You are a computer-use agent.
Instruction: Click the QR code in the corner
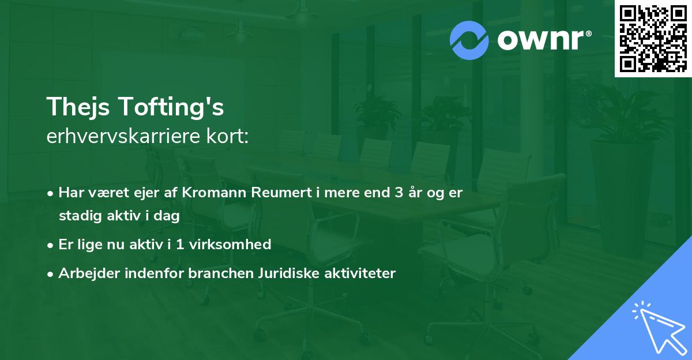pos(653,39)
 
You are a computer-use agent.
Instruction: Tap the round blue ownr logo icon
pos(470,40)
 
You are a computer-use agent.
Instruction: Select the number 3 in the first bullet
pos(398,193)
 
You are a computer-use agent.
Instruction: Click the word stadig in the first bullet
pos(77,216)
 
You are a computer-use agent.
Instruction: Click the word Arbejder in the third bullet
pos(84,273)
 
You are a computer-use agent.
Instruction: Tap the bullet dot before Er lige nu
pos(51,245)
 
